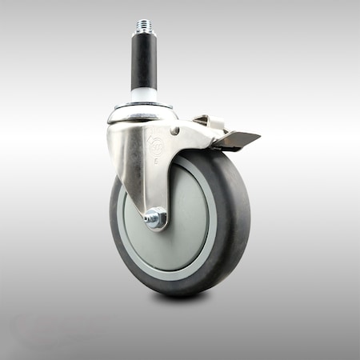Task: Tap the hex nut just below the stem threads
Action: point(144,38)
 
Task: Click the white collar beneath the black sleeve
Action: point(145,95)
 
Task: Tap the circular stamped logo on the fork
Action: point(156,146)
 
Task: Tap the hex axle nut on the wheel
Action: point(156,217)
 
